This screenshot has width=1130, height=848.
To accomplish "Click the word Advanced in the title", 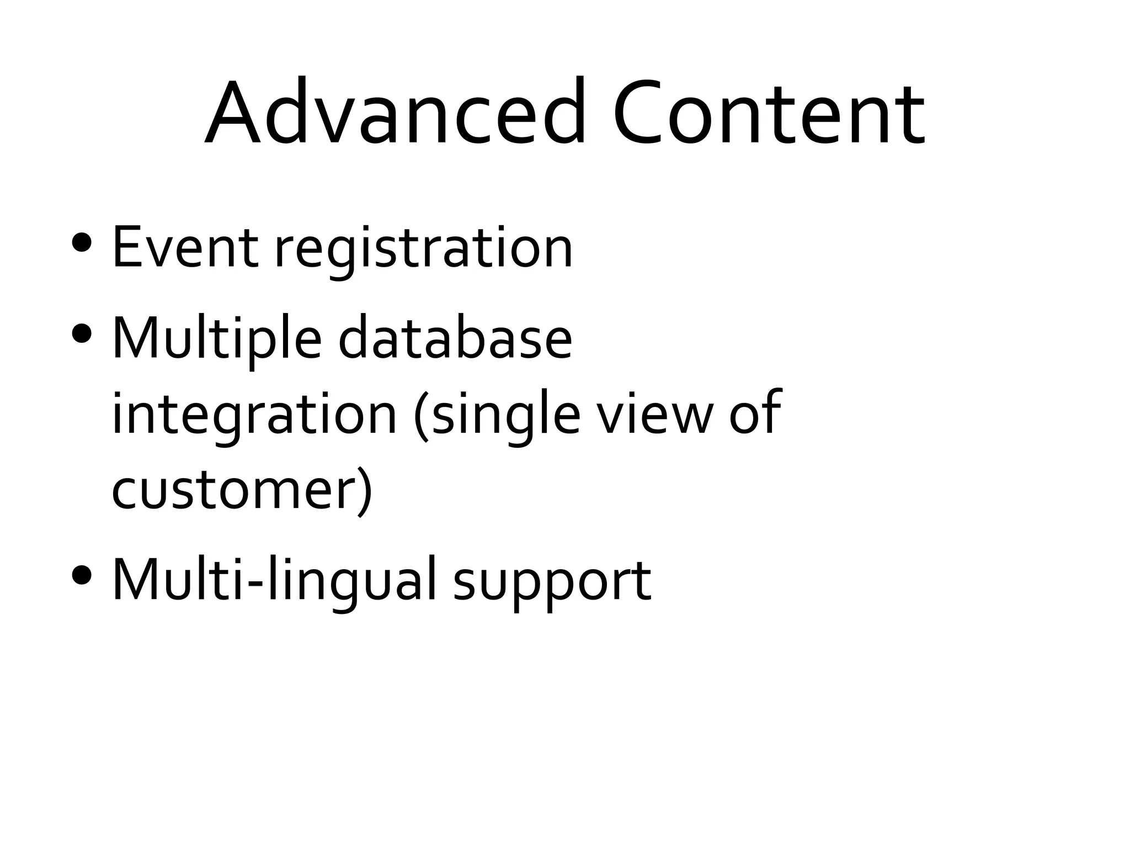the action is [x=395, y=113].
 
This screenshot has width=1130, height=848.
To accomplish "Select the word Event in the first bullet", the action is [x=185, y=248].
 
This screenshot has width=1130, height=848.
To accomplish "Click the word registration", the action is [x=424, y=251].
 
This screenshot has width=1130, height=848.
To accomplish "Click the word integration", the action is [x=254, y=416].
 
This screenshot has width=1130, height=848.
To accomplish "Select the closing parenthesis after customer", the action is [x=364, y=491].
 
